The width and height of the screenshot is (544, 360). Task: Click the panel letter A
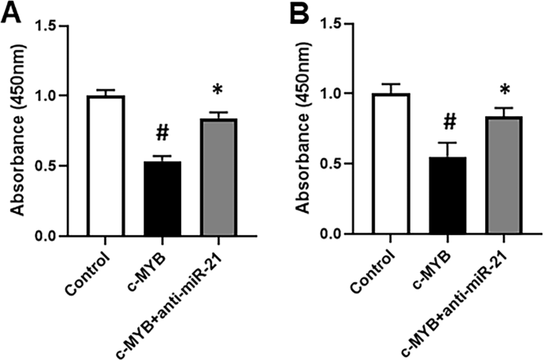pyautogui.click(x=11, y=13)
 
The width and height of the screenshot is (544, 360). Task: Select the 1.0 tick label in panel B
pyautogui.click(x=338, y=94)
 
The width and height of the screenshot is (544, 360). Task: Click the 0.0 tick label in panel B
pyautogui.click(x=338, y=234)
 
